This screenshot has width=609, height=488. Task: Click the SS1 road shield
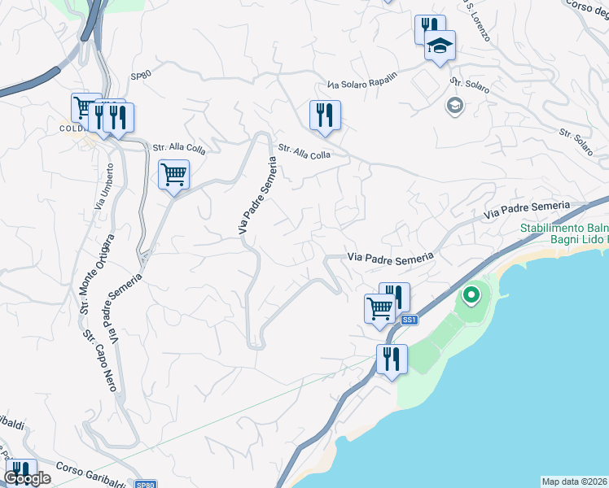tap(410, 320)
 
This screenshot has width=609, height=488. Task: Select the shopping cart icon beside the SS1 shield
tap(379, 309)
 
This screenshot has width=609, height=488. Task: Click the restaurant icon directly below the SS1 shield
tap(392, 359)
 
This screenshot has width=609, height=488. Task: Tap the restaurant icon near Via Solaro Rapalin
tap(325, 115)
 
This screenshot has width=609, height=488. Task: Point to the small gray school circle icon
tap(453, 105)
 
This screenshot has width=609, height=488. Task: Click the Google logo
tap(28, 478)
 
